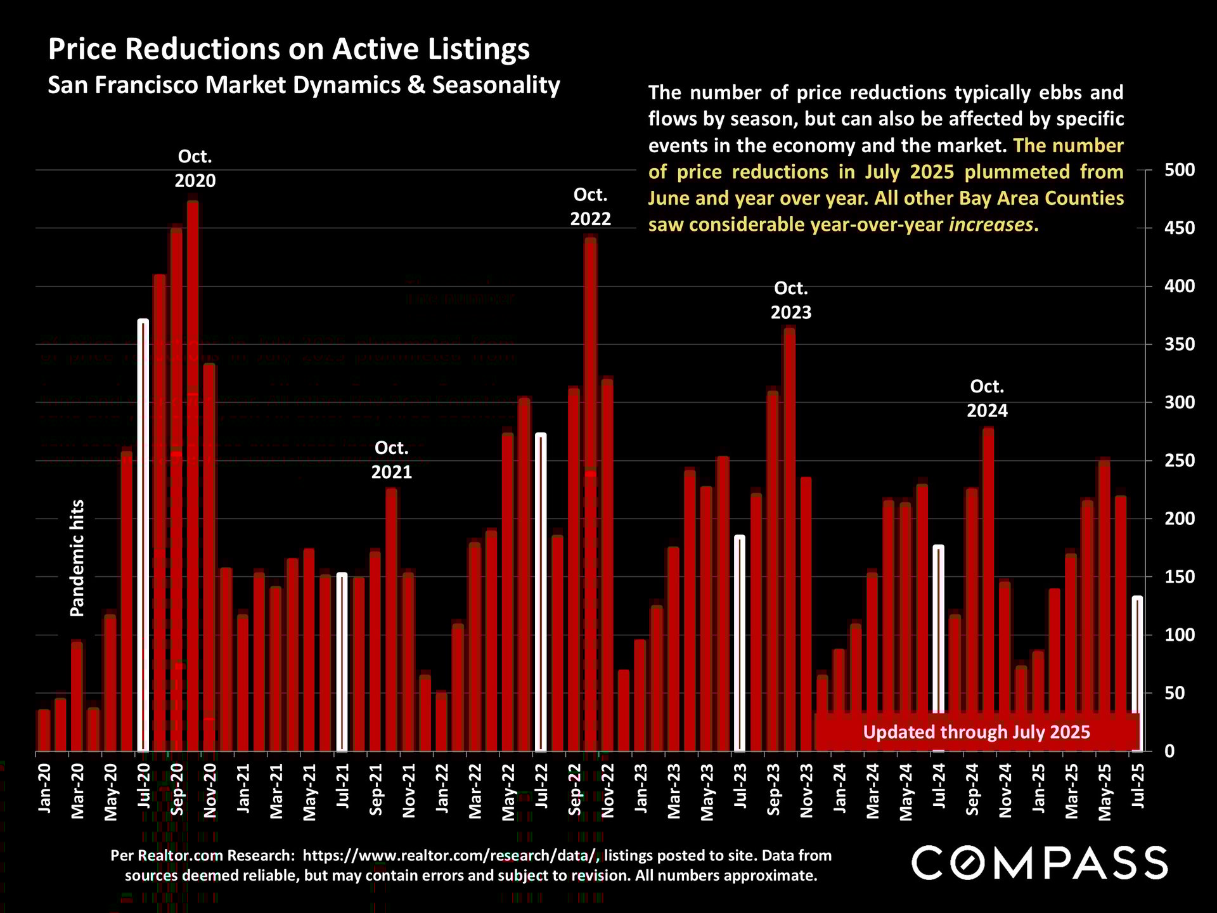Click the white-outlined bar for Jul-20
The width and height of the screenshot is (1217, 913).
(x=143, y=536)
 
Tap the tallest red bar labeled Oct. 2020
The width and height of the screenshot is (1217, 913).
(x=193, y=476)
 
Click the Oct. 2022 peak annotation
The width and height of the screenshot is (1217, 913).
(x=590, y=207)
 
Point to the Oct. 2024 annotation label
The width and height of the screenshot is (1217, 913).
(x=987, y=399)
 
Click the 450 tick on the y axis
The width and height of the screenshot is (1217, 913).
(x=1179, y=228)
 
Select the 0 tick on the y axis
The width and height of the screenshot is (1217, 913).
(x=1169, y=751)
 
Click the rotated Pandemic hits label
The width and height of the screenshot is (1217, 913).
(x=77, y=558)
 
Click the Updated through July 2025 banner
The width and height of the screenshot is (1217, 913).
(x=976, y=732)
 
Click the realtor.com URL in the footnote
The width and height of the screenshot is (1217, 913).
(x=450, y=855)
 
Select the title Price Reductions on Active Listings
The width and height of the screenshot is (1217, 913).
(x=289, y=49)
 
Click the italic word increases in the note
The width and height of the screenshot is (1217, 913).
(x=991, y=224)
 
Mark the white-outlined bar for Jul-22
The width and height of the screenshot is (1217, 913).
(x=541, y=593)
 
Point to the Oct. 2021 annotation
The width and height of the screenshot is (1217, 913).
(x=392, y=460)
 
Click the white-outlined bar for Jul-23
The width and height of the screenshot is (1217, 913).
(x=740, y=644)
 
